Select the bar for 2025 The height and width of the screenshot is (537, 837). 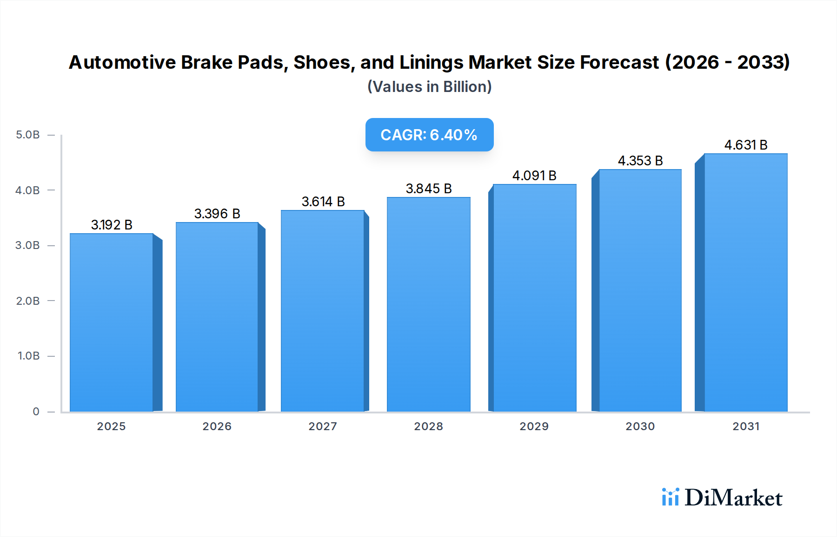[112, 322]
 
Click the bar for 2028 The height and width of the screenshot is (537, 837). [428, 304]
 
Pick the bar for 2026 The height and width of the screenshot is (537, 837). [217, 317]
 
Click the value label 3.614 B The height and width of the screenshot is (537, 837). [323, 202]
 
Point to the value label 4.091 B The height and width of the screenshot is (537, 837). [534, 176]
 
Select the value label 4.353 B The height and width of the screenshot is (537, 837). [640, 161]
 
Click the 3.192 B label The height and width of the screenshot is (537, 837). [112, 225]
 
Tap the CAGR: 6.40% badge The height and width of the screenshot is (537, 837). [429, 135]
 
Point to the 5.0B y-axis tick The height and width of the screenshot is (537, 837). [28, 135]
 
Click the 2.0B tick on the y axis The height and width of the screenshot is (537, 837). [28, 301]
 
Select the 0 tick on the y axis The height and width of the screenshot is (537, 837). [36, 411]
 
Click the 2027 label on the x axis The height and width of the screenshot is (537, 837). [323, 426]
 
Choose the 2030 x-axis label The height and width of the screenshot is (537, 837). [640, 426]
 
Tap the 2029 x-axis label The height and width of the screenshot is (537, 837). [534, 426]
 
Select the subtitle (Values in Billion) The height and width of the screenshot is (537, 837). [429, 86]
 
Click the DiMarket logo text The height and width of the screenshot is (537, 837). [733, 498]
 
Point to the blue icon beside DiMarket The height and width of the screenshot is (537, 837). [670, 497]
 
